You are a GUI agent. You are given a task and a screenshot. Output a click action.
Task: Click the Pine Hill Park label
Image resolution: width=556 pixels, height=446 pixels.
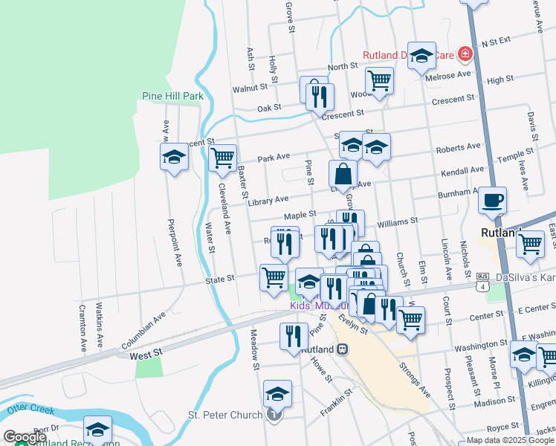click(172, 96)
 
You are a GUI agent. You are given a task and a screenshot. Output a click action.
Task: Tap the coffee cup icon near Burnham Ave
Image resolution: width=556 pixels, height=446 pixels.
click(492, 200)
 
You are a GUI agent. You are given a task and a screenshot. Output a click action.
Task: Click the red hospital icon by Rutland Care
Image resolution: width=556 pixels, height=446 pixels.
click(465, 54)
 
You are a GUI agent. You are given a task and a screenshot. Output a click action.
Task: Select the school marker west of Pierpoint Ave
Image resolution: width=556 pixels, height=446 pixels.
click(175, 157)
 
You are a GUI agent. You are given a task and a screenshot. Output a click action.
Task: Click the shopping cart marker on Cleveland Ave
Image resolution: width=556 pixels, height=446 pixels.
click(222, 158)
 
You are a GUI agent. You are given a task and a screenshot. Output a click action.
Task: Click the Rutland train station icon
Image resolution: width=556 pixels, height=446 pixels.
click(343, 349)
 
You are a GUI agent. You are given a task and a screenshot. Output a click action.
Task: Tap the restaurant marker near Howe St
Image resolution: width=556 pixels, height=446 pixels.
click(294, 334)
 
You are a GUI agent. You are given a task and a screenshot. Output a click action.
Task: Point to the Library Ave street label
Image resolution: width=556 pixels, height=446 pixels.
click(268, 199)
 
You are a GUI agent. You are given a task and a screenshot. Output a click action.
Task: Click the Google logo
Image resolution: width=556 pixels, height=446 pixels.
click(25, 438)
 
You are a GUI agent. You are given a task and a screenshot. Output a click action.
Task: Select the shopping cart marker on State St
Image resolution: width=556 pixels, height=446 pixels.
click(274, 277)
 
